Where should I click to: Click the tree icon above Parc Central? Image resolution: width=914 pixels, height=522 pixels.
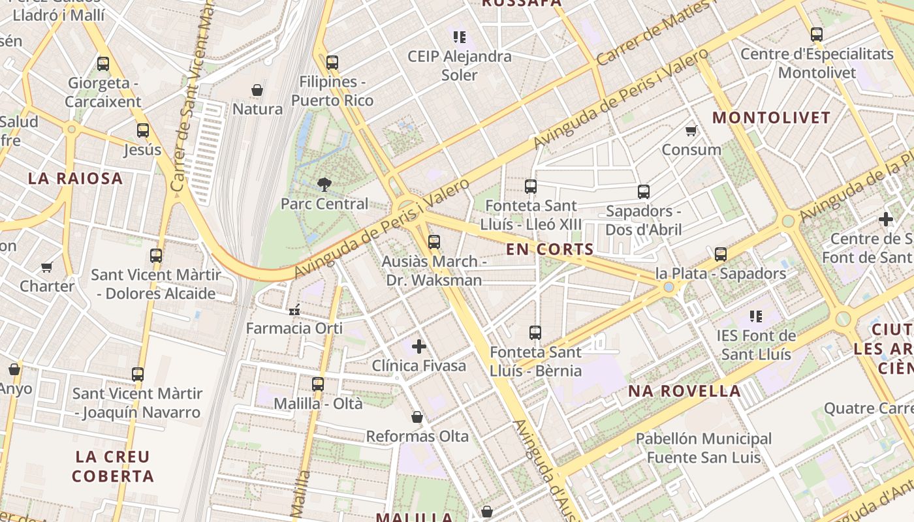click(x=324, y=185)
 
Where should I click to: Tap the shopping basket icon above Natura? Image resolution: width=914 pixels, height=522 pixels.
click(x=257, y=89)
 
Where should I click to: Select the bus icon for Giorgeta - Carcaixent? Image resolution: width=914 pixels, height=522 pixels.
click(x=103, y=64)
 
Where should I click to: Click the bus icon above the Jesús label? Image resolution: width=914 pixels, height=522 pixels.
click(x=143, y=130)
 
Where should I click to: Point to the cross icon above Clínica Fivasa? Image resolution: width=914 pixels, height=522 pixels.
click(x=419, y=346)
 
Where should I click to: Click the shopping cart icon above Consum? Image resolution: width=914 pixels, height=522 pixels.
click(x=691, y=130)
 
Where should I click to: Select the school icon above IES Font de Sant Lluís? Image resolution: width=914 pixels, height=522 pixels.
click(x=756, y=317)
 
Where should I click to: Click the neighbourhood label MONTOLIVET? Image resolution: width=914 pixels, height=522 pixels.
click(x=771, y=118)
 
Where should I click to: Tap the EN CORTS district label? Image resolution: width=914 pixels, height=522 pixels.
click(x=550, y=249)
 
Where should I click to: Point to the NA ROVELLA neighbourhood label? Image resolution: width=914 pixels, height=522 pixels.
click(x=684, y=391)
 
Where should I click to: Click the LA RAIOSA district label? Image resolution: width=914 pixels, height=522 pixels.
click(x=76, y=179)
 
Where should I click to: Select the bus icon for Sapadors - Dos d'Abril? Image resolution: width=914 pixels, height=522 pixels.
click(x=644, y=192)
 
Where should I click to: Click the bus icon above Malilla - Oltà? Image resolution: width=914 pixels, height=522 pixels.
click(x=318, y=384)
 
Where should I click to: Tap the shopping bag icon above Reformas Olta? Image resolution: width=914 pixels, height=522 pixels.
click(x=417, y=417)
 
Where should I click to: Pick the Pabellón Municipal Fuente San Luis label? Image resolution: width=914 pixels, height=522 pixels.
click(x=704, y=448)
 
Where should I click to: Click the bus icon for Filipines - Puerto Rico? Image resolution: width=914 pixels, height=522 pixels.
click(x=332, y=63)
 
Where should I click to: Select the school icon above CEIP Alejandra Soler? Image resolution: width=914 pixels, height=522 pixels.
click(x=459, y=37)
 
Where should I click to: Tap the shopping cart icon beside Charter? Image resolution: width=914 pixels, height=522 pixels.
click(x=46, y=267)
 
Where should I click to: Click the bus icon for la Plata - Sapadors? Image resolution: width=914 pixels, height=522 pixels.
click(x=721, y=254)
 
